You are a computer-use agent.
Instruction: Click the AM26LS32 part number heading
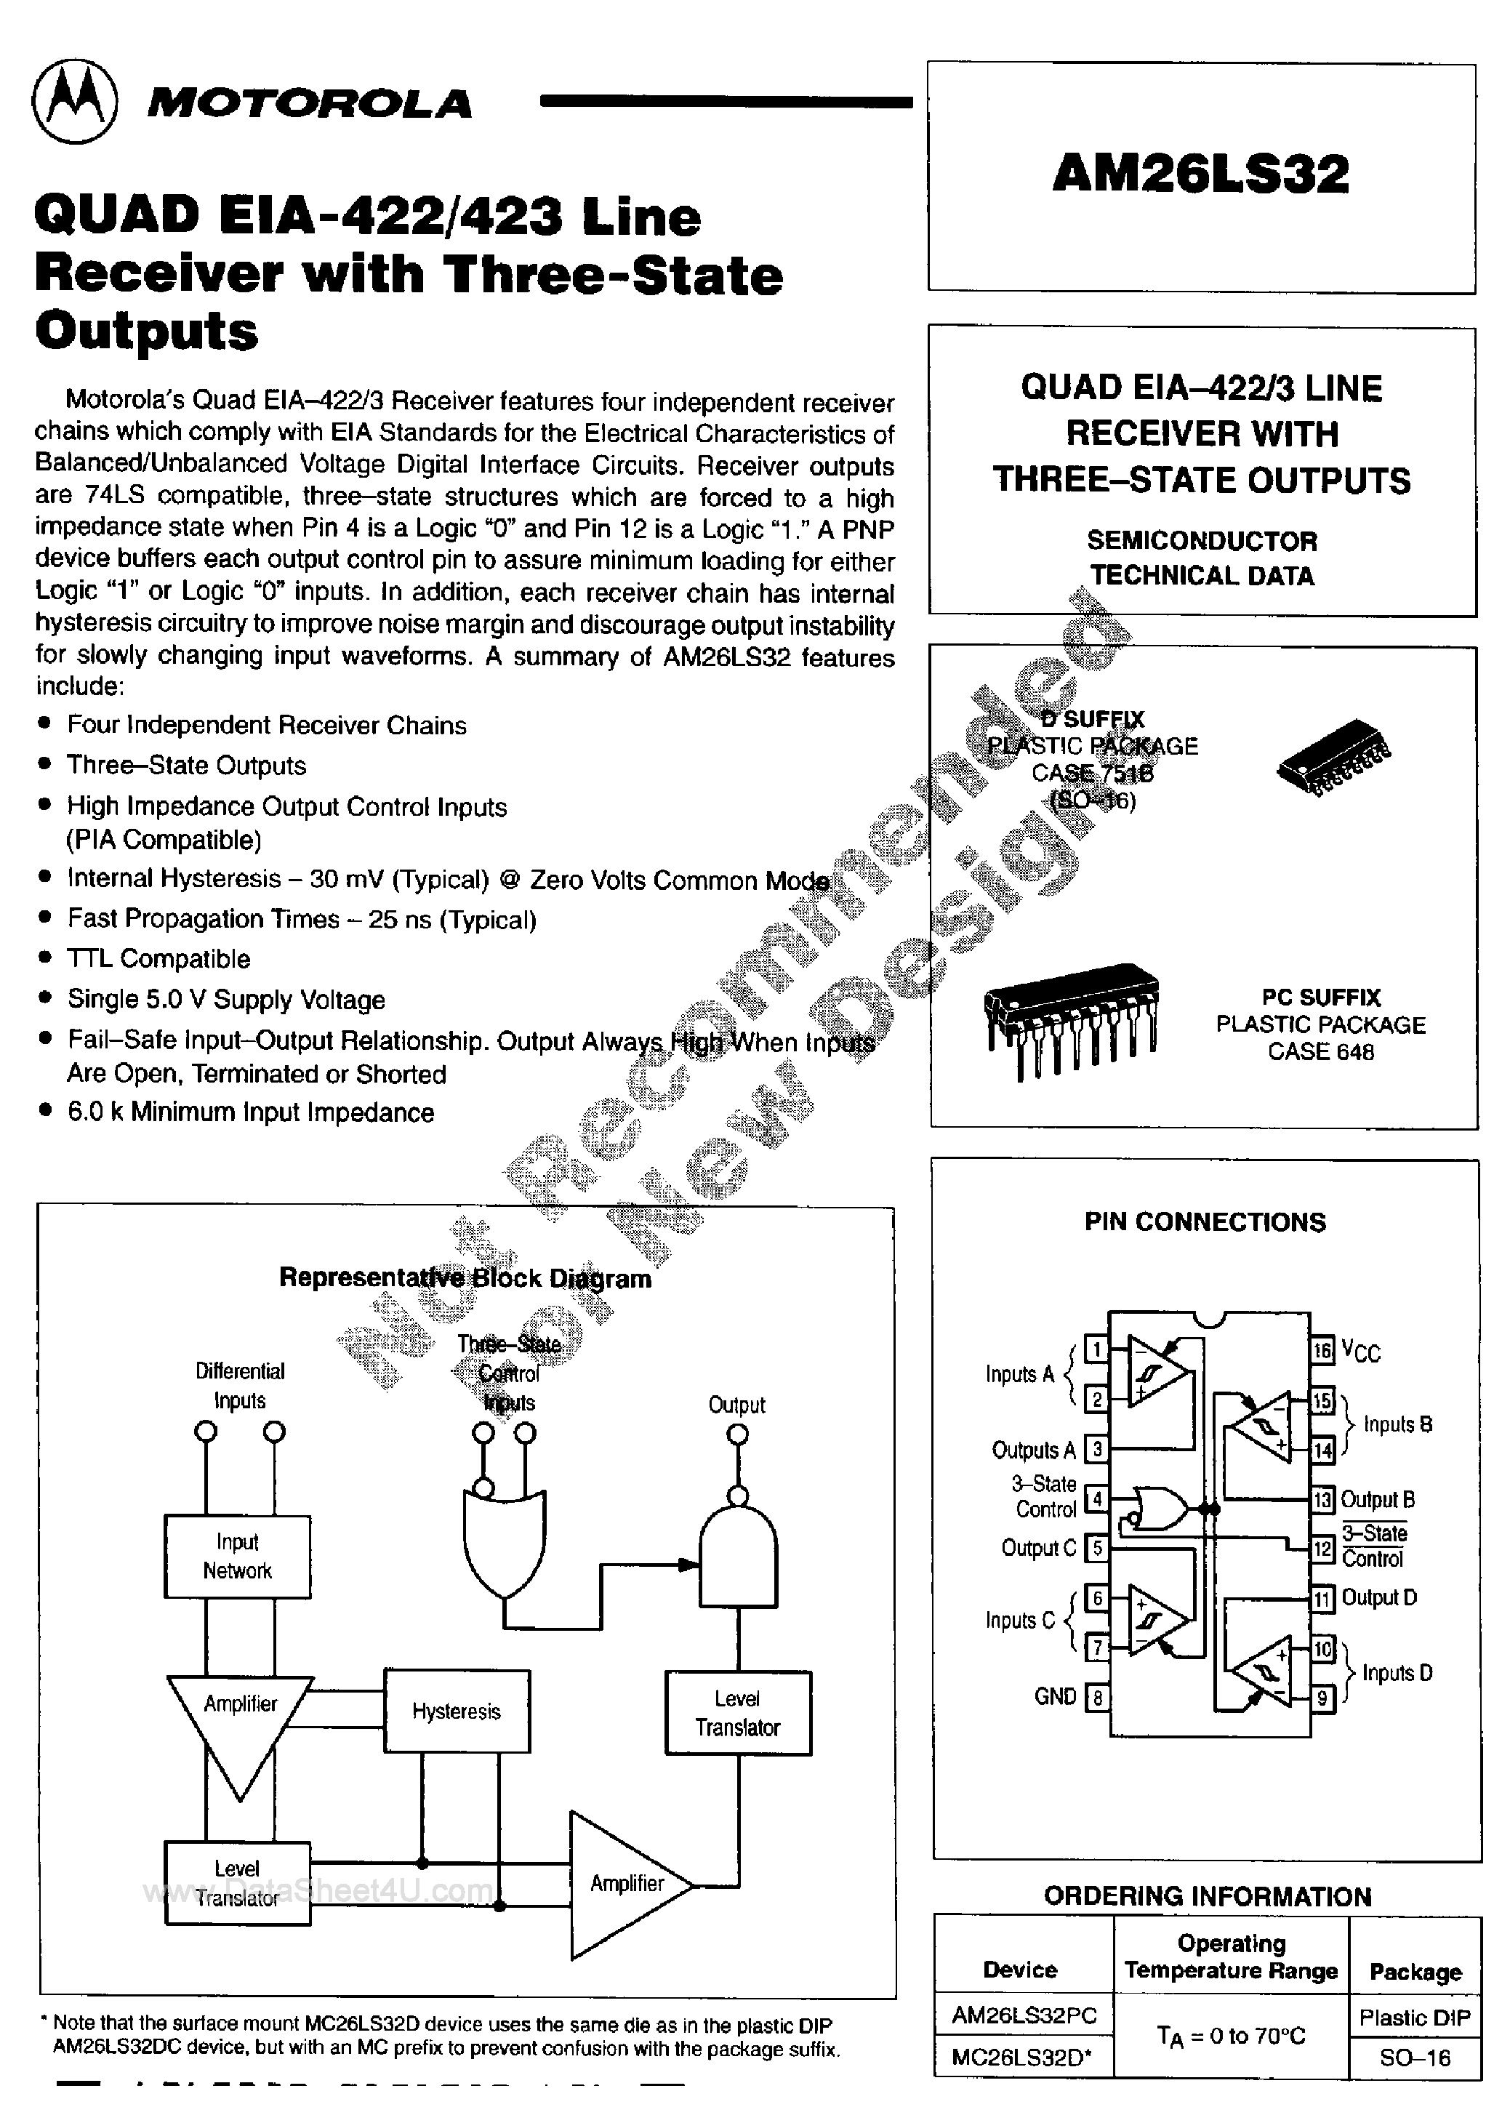(1200, 174)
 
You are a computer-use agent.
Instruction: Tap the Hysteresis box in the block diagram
(457, 1711)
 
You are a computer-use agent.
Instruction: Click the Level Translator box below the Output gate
(738, 1712)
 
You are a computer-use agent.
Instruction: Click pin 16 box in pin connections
(1322, 1350)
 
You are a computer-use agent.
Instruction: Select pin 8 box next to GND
(1097, 1698)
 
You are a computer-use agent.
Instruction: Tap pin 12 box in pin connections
(1322, 1549)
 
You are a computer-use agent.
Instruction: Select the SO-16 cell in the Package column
(1414, 2058)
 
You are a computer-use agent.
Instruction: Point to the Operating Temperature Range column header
(1231, 1957)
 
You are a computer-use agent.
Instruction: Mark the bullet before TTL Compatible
(44, 958)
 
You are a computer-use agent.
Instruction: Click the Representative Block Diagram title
(465, 1278)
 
